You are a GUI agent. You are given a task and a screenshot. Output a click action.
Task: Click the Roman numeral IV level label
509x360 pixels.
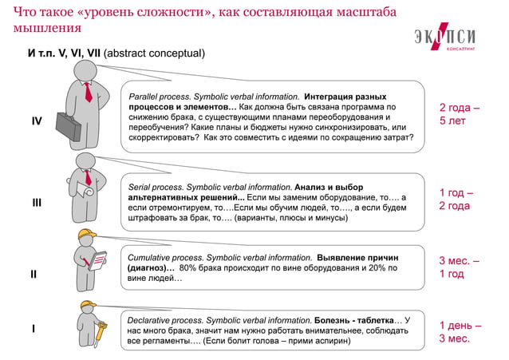point(37,121)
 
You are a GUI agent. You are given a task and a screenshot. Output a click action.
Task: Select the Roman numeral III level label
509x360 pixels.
point(37,203)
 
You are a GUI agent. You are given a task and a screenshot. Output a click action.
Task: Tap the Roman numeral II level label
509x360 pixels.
point(34,274)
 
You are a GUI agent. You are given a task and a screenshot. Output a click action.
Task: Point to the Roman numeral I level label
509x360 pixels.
point(33,328)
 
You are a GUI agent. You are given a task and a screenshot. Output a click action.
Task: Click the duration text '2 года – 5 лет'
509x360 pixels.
point(460,114)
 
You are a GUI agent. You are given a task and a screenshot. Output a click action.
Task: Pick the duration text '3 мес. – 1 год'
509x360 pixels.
point(459,267)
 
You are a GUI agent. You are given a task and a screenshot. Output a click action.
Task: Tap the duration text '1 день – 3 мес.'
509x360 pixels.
point(460,332)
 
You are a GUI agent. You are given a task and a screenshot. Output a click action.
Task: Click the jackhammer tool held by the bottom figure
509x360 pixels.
point(101,332)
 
